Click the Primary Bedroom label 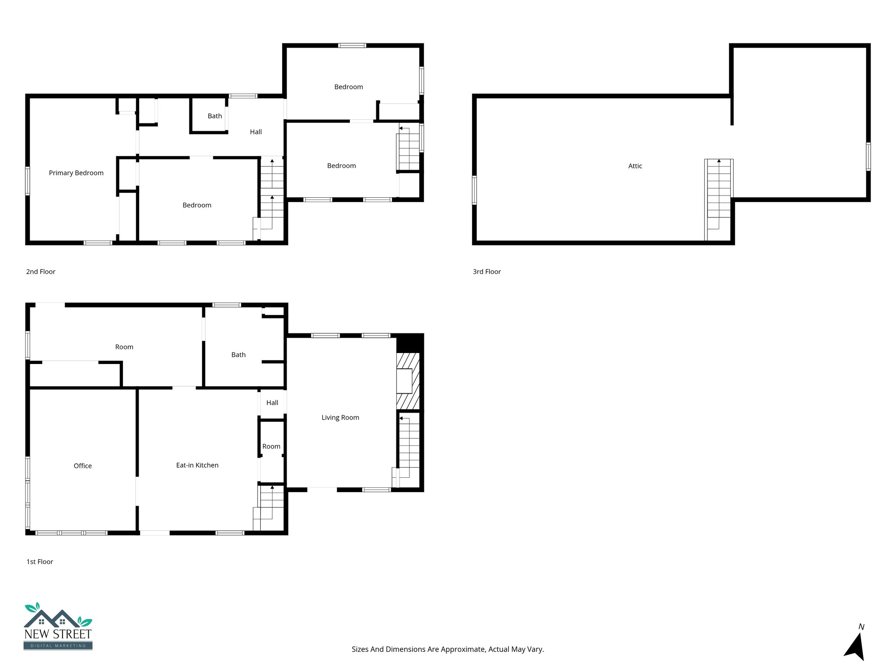coord(76,173)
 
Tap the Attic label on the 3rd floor coord(635,166)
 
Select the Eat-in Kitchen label coord(197,465)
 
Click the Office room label coord(83,465)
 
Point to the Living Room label coord(340,417)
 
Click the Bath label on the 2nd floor coord(214,116)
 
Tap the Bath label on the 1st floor coord(238,354)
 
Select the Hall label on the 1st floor coord(272,402)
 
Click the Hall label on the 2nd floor coord(255,132)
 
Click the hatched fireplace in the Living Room coord(408,381)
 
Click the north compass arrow coord(855,646)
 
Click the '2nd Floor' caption coord(41,272)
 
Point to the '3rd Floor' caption coord(486,272)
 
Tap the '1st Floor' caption coord(40,562)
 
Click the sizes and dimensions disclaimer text coord(448,649)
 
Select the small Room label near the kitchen coord(271,446)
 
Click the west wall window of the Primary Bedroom coord(28,181)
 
